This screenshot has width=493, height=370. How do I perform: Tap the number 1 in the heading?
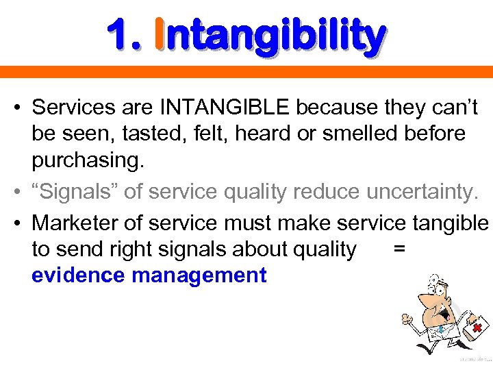pyautogui.click(x=121, y=36)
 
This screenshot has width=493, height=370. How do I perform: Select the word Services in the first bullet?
pyautogui.click(x=71, y=108)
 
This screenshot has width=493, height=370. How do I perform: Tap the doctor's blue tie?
pyautogui.click(x=441, y=330)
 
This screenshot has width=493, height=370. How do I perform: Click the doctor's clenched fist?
pyautogui.click(x=407, y=319)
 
